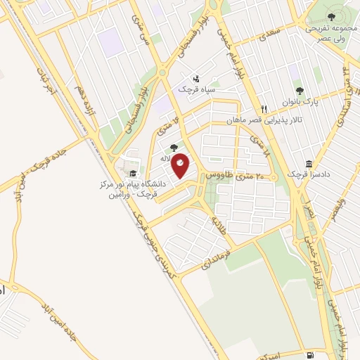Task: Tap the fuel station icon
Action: click(311, 354)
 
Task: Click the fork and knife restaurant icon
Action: click(264, 109)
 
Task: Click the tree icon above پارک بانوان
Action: click(300, 91)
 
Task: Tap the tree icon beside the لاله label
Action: click(174, 148)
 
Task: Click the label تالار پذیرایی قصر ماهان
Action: click(262, 121)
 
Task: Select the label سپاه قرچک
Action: click(200, 90)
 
